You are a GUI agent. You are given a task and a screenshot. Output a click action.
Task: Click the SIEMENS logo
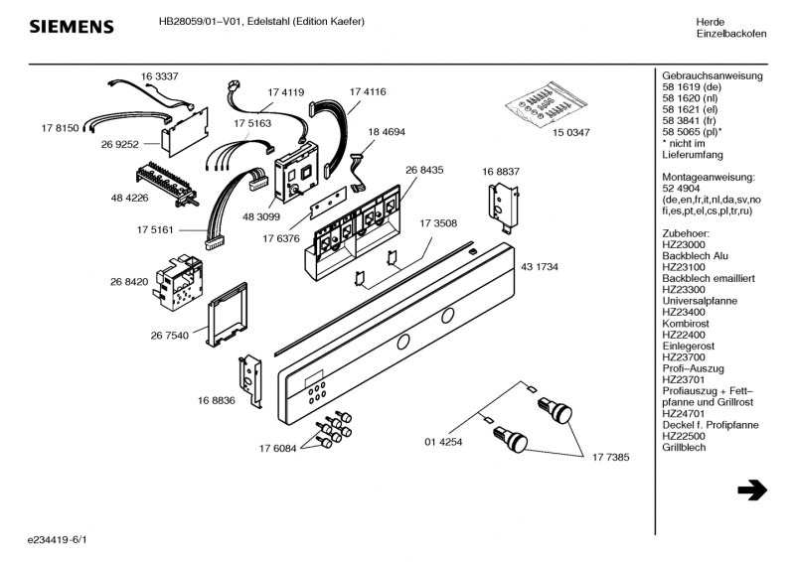click(x=70, y=26)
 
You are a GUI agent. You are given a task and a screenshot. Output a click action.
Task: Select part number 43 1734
click(x=540, y=268)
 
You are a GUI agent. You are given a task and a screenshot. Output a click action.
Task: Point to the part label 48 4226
click(x=130, y=198)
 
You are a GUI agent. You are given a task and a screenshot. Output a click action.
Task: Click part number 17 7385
click(x=612, y=457)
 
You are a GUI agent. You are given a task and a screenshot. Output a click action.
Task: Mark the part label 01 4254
click(x=444, y=441)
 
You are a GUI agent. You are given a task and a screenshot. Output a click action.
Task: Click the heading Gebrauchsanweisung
click(x=712, y=76)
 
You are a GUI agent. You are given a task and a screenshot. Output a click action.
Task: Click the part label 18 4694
click(x=387, y=131)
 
